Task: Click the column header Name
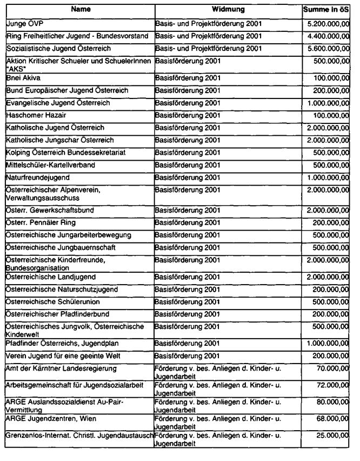(79, 10)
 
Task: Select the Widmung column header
(228, 10)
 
